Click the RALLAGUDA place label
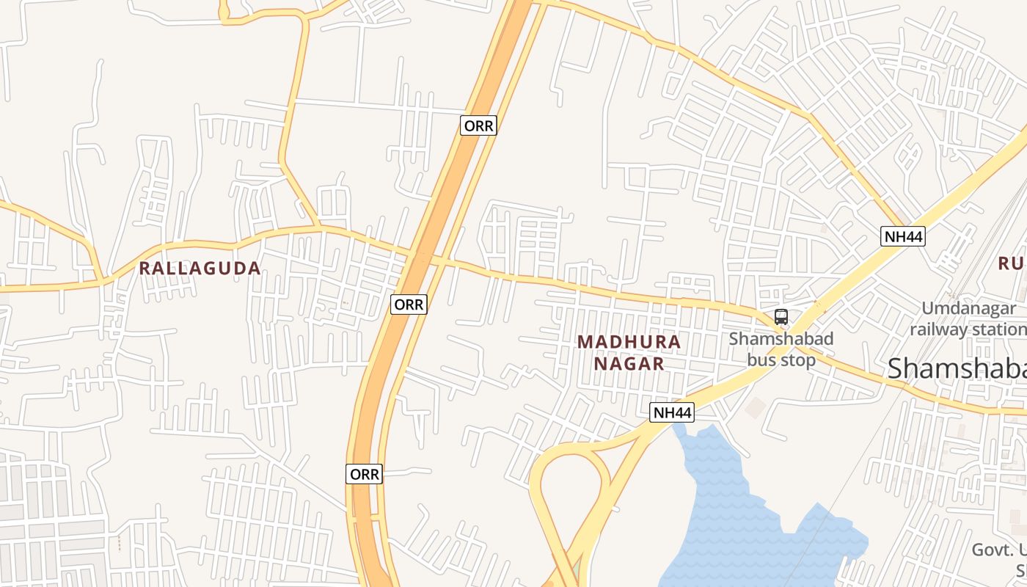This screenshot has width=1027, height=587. tap(200, 269)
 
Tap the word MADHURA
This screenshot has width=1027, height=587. tap(629, 342)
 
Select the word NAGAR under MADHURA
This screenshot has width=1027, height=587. tap(629, 363)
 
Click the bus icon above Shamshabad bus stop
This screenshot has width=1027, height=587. tap(781, 317)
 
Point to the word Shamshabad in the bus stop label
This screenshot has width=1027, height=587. tap(781, 339)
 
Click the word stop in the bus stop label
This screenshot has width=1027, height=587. tap(797, 360)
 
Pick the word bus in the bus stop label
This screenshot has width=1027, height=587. tap(761, 360)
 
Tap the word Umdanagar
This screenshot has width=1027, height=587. tap(968, 309)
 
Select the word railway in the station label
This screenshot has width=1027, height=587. tap(938, 329)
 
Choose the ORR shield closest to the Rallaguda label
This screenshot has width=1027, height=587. tap(408, 305)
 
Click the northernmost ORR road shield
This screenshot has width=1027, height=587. tap(478, 125)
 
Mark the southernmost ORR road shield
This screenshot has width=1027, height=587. tap(364, 474)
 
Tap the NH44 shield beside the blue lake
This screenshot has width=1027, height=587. tap(671, 413)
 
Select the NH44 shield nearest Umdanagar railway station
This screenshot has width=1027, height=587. tap(902, 236)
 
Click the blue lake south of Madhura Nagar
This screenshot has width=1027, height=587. tap(734, 514)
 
